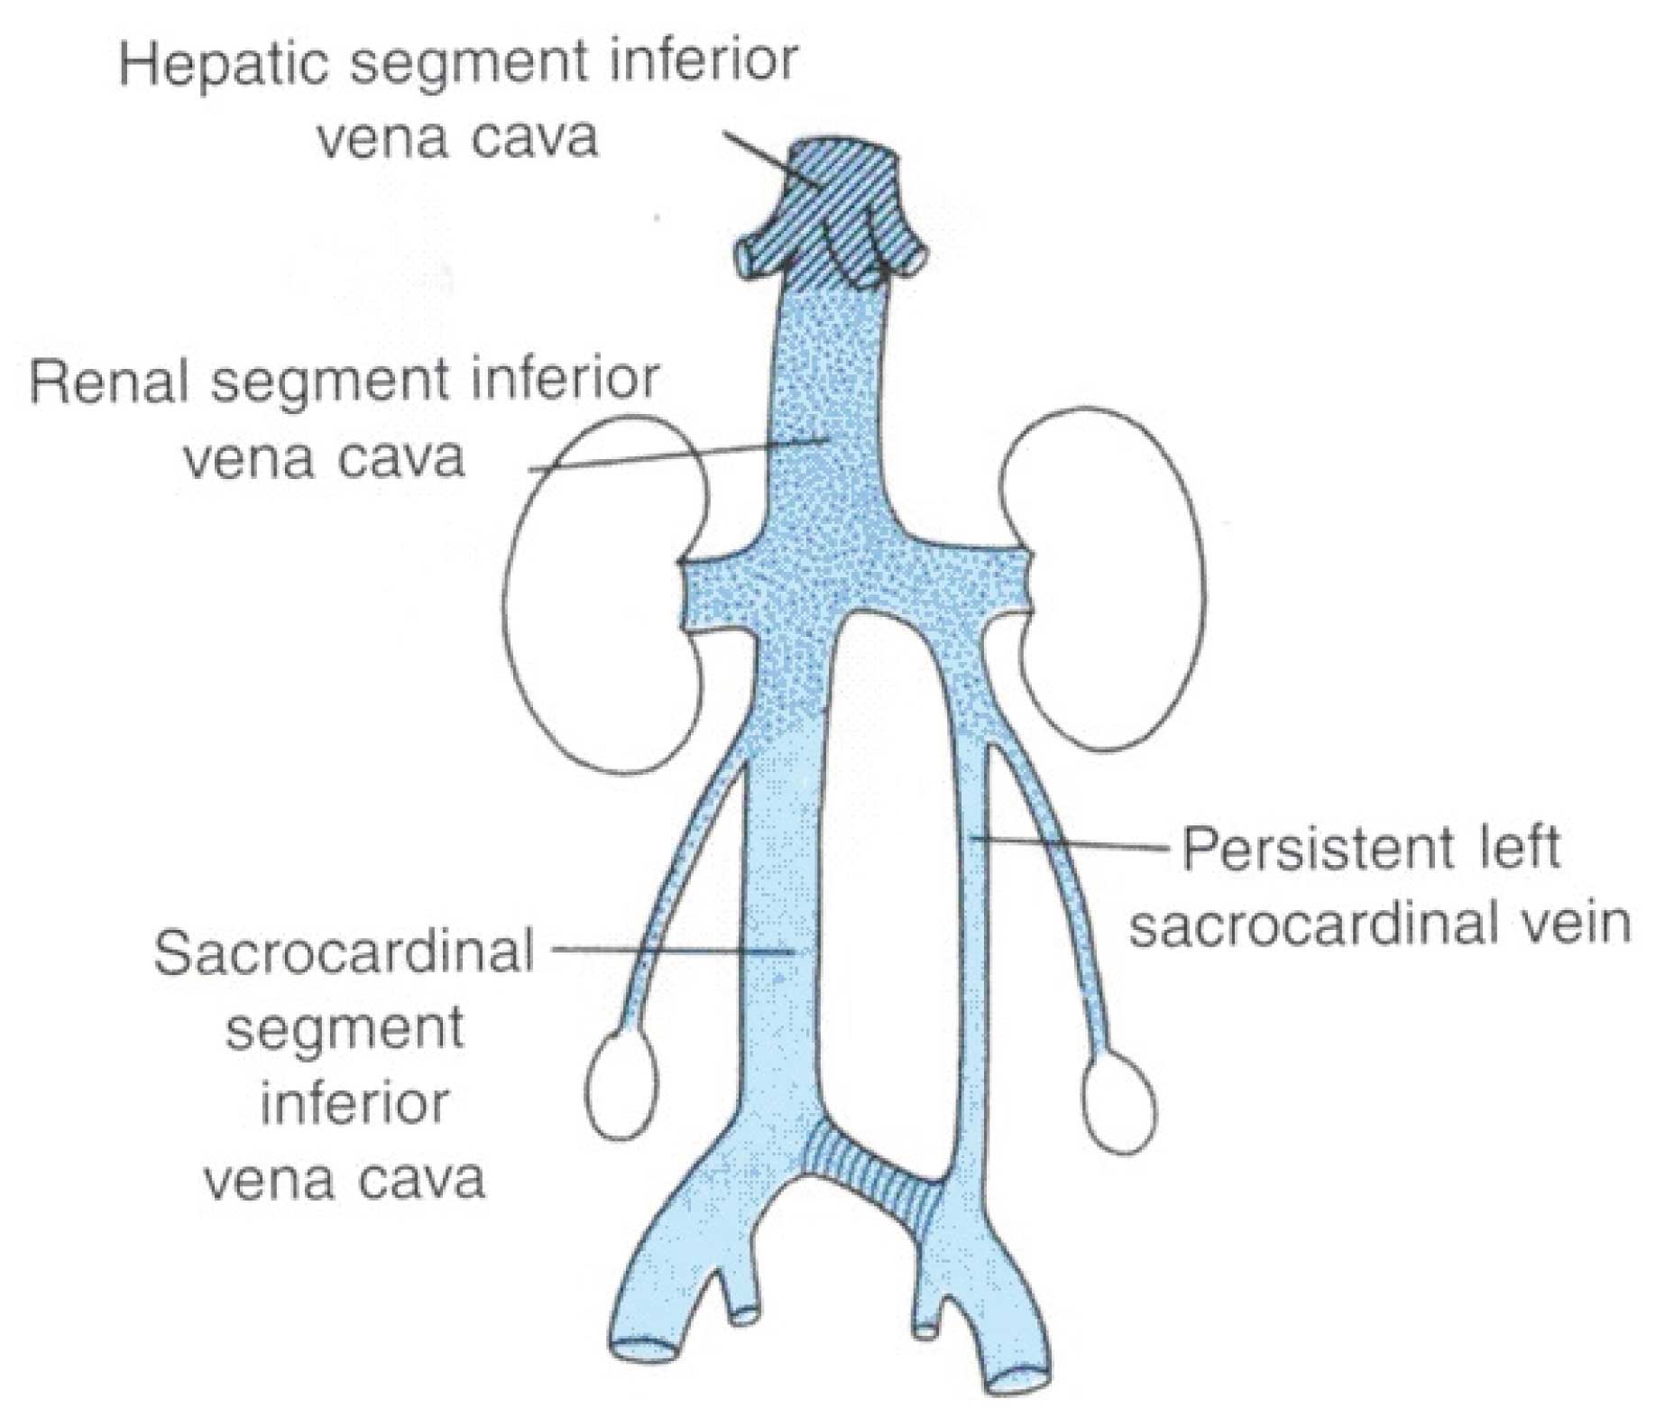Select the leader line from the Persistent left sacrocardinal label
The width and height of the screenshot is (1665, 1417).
[1073, 843]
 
